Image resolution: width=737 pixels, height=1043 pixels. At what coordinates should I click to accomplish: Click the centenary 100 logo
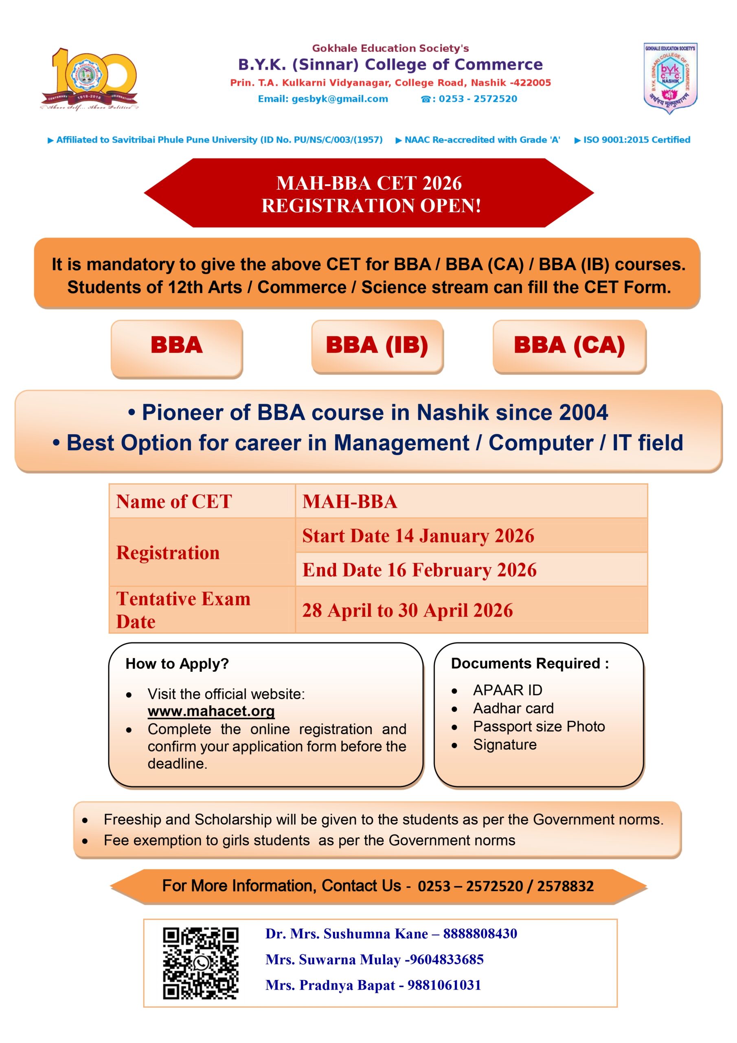click(x=90, y=79)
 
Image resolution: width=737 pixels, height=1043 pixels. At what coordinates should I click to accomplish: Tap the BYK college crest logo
click(x=670, y=78)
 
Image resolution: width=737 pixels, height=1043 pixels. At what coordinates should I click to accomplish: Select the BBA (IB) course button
click(x=377, y=346)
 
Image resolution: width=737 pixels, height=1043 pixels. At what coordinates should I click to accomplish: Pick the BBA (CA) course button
click(x=569, y=346)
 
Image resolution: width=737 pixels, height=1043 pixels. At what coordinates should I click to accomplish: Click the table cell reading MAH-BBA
click(x=350, y=502)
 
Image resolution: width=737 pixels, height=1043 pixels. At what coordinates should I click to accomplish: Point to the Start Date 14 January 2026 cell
click(x=418, y=536)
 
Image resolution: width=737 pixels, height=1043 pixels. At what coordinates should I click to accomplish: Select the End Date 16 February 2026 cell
click(x=419, y=570)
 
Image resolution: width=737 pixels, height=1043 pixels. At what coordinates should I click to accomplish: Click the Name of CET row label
click(x=174, y=502)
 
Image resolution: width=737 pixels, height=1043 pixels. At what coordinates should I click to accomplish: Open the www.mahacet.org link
click(x=211, y=711)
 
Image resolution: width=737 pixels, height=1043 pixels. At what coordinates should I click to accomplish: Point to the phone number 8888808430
click(x=480, y=934)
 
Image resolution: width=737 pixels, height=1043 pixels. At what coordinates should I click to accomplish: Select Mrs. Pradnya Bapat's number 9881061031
click(x=444, y=985)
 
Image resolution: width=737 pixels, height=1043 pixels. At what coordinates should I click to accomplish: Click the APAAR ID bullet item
click(x=507, y=691)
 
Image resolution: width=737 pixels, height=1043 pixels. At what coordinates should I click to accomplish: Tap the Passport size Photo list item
click(x=539, y=727)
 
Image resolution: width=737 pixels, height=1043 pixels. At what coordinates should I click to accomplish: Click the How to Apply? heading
click(x=177, y=664)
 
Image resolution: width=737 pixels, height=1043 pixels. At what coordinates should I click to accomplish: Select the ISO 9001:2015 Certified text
click(x=636, y=140)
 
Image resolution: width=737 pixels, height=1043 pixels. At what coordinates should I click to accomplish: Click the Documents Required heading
click(x=529, y=664)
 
